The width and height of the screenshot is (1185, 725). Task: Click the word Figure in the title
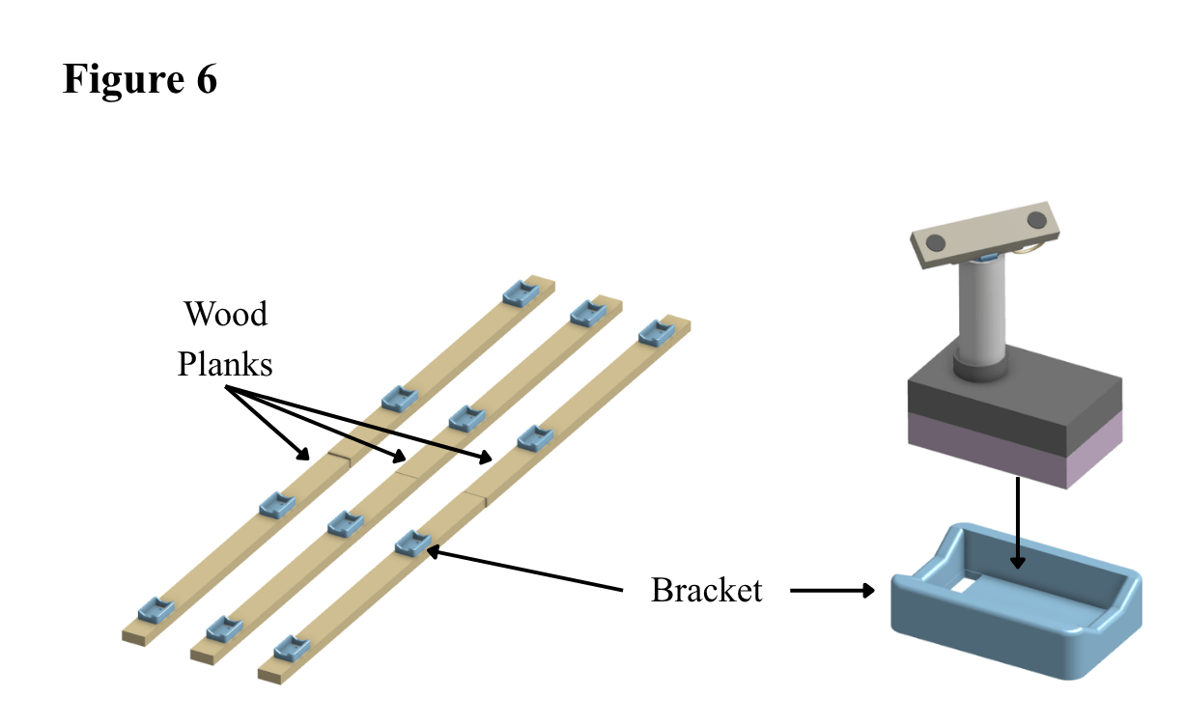(x=124, y=80)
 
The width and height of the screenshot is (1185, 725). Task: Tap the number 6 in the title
(x=207, y=79)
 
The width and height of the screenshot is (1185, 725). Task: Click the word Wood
(x=226, y=314)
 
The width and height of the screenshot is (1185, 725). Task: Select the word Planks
(x=225, y=364)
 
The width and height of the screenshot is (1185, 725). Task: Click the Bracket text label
(x=706, y=589)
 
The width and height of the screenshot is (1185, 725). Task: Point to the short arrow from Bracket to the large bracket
(x=832, y=590)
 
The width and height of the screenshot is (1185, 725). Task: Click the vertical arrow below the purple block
(x=1018, y=522)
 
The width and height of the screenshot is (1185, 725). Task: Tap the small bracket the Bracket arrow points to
(x=412, y=544)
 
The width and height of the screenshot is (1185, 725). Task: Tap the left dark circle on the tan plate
(x=935, y=242)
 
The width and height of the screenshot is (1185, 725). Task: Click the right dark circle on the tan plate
(x=1036, y=219)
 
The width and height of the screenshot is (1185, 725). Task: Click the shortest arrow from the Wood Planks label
(x=268, y=423)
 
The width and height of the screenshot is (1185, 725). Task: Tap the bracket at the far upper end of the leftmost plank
(x=521, y=293)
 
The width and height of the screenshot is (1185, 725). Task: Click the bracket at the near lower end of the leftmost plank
(x=156, y=610)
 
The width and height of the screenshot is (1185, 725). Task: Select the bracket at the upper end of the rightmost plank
(x=657, y=333)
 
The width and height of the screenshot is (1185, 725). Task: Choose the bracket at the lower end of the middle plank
(x=224, y=628)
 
